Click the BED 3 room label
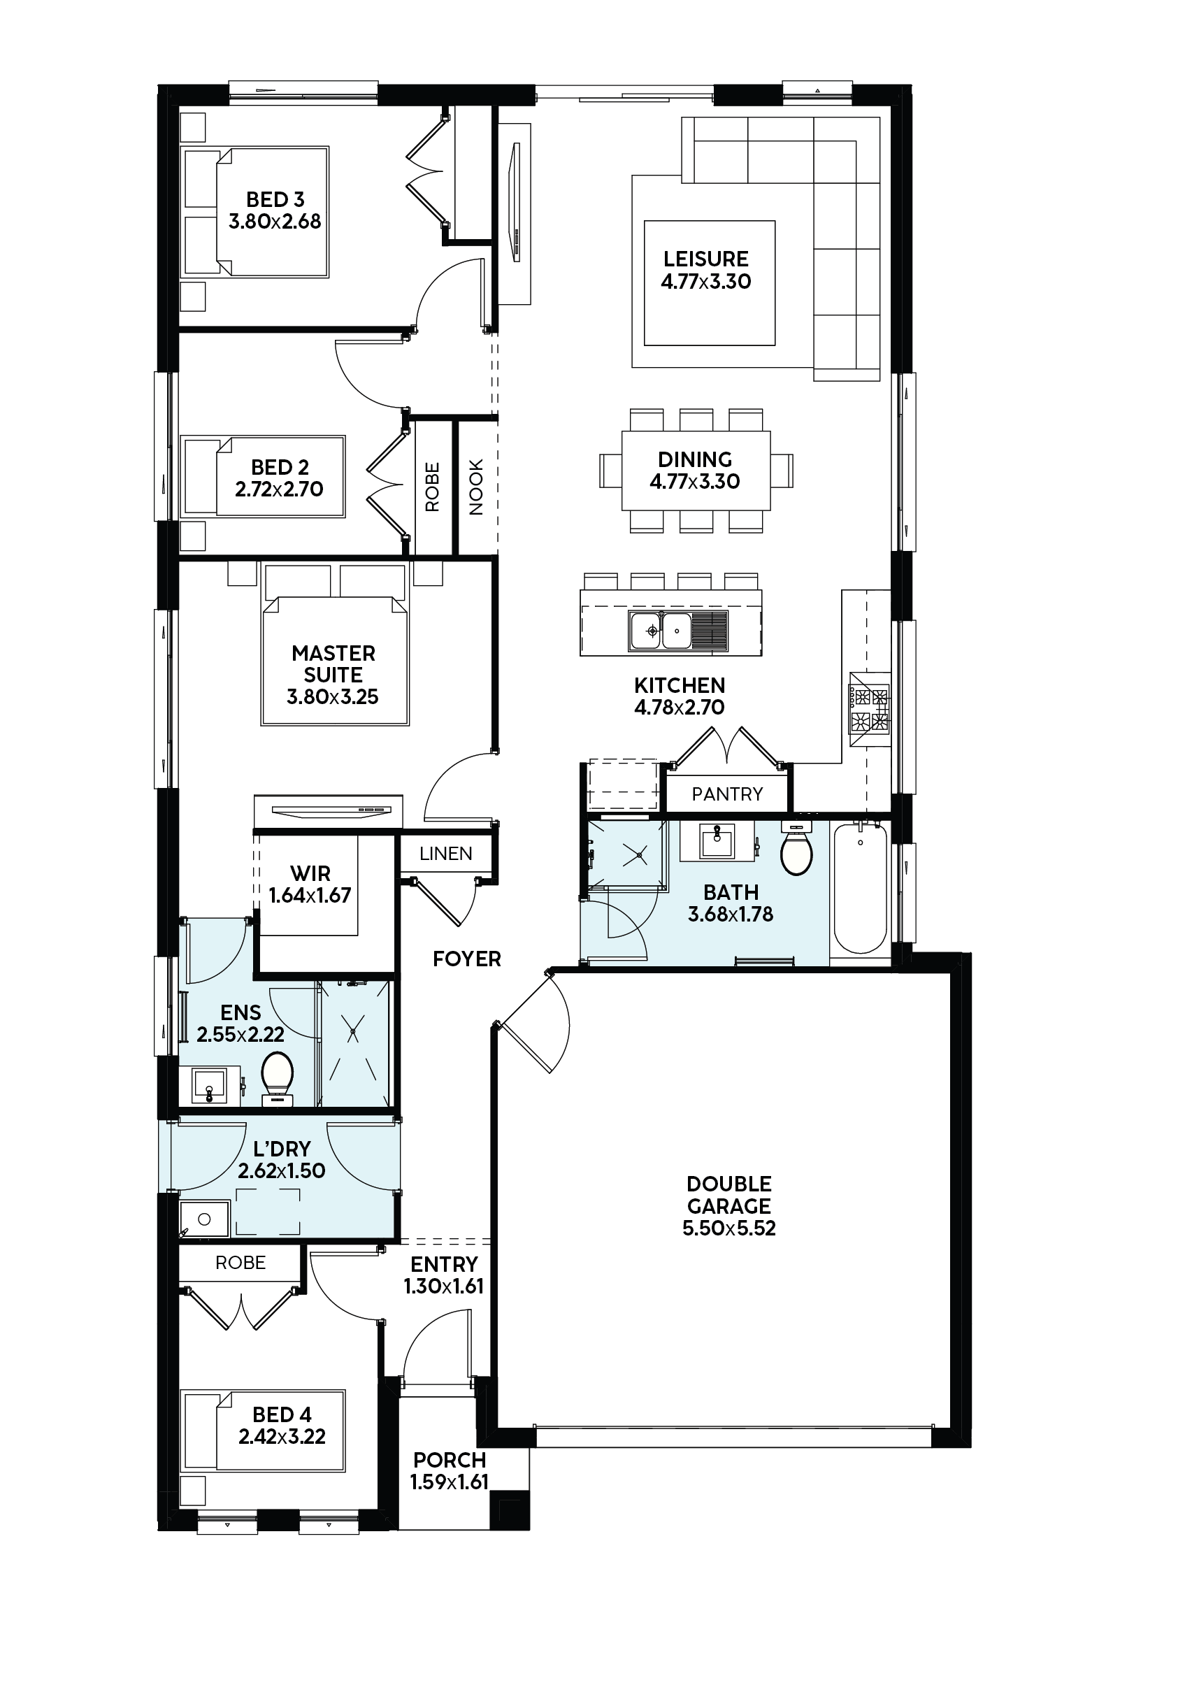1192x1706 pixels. tap(275, 199)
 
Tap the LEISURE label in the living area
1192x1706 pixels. tap(706, 259)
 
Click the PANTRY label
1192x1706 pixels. tap(727, 794)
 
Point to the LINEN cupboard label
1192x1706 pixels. tap(446, 854)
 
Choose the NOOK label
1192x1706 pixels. tap(476, 487)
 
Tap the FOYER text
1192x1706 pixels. tap(467, 959)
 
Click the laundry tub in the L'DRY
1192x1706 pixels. tap(204, 1219)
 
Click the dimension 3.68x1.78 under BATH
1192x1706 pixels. tap(731, 914)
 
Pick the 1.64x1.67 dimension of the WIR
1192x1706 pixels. tap(310, 896)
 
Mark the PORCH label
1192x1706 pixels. tap(450, 1460)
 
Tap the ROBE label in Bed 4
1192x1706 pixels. tap(240, 1263)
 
